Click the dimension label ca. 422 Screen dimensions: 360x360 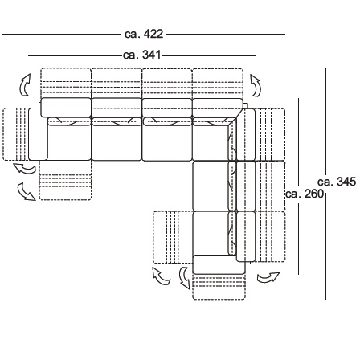pos(144,35)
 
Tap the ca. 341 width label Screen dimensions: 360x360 pos(142,55)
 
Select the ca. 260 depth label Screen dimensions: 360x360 pos(305,194)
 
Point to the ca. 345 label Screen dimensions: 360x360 pos(337,182)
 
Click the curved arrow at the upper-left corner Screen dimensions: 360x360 pos(24,85)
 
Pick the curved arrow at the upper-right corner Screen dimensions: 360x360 pos(256,85)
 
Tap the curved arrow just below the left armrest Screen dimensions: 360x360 pos(25,169)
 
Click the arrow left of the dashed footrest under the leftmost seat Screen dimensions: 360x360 pos(26,192)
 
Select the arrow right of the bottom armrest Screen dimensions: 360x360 pos(268,278)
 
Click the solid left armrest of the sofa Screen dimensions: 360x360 pos(38,134)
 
